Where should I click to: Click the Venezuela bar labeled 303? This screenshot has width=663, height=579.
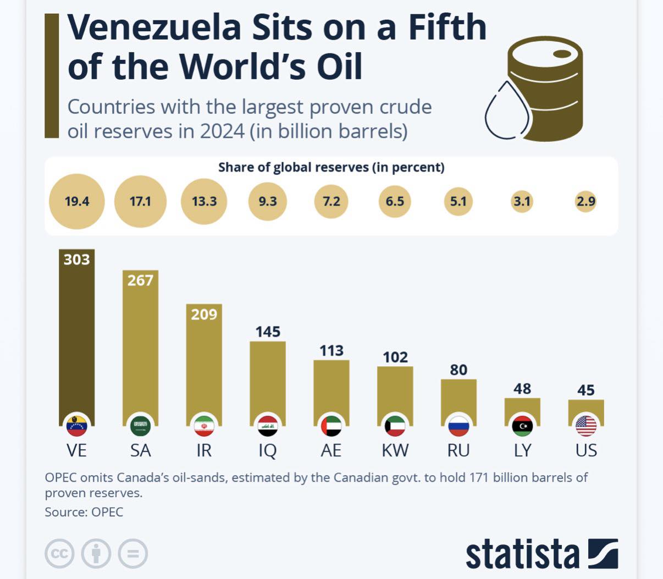(x=76, y=335)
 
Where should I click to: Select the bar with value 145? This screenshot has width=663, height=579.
(x=268, y=379)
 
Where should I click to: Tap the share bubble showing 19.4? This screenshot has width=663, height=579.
(x=76, y=201)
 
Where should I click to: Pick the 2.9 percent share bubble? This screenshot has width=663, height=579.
(x=586, y=201)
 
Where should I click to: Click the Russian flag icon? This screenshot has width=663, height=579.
(x=458, y=426)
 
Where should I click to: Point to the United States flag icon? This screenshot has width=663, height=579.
(x=586, y=426)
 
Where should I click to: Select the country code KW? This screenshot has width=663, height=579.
(x=395, y=450)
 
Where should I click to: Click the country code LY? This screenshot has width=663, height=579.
(x=522, y=450)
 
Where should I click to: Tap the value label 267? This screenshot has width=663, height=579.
(x=140, y=280)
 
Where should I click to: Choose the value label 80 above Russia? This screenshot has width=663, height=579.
(x=458, y=370)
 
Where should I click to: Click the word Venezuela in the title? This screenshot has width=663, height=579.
(x=154, y=27)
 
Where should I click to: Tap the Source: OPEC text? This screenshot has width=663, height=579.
(x=84, y=512)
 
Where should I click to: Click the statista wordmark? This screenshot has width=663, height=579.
(x=522, y=554)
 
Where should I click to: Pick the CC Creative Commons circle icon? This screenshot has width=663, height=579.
(x=59, y=553)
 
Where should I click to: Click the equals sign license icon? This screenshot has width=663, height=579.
(x=132, y=553)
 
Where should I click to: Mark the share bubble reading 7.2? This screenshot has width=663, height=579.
(x=331, y=201)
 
